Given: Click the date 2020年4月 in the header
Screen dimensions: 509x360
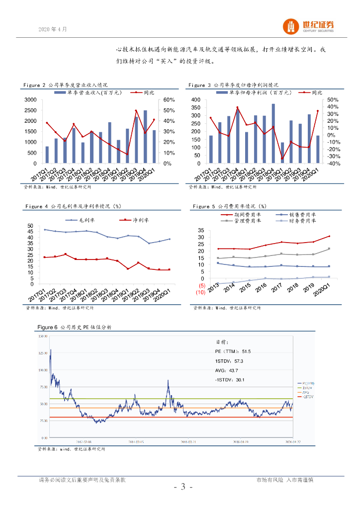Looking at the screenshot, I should pos(52,29).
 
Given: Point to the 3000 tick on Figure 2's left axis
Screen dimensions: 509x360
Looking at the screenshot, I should pos(30,100).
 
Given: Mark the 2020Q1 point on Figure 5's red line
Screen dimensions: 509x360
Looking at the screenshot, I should pos(329,236).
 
